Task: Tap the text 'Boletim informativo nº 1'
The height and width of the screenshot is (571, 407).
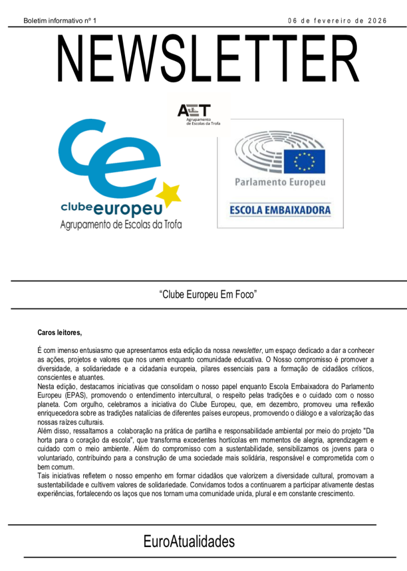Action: [60, 21]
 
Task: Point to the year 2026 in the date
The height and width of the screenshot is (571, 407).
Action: [377, 21]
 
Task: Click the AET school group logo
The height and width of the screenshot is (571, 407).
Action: [199, 114]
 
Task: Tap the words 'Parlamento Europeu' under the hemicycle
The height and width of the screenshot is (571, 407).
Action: [280, 182]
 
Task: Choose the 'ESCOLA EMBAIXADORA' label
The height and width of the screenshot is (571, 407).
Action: [280, 210]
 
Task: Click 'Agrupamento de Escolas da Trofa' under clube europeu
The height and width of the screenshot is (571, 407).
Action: [121, 225]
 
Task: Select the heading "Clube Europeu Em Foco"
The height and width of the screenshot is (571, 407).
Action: [208, 294]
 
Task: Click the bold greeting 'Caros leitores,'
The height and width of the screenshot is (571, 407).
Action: [59, 333]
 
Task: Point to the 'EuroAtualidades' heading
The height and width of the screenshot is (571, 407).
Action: [189, 541]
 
